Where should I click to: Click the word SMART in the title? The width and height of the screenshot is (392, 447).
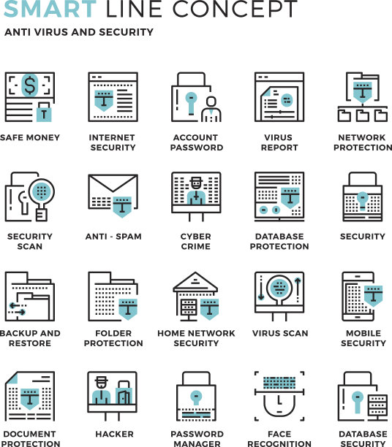50,9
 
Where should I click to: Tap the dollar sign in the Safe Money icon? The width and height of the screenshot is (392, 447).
30,85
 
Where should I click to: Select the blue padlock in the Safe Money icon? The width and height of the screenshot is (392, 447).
44,112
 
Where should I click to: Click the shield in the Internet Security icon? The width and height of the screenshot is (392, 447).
104,101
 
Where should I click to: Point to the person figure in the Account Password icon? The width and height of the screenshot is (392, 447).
211,109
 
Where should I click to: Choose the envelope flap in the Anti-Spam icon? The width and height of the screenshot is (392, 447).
113,183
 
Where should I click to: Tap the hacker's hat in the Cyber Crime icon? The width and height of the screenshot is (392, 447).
196,180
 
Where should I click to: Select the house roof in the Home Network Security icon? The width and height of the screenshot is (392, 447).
195,281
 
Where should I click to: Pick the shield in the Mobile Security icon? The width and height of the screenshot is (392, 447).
374,296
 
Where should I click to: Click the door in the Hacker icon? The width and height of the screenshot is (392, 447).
124,397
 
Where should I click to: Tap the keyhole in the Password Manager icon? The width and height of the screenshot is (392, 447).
196,397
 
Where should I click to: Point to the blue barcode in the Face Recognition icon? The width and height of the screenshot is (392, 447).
279,383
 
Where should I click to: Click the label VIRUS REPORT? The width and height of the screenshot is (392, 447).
279,142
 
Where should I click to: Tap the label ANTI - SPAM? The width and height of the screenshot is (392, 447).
113,237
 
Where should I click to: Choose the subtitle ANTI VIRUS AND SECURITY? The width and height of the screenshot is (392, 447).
79,32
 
